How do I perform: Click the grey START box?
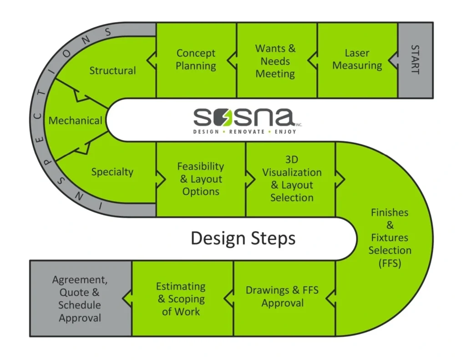(x=415, y=60)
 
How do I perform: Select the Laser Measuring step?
(x=357, y=60)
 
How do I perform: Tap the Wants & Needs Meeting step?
(x=275, y=61)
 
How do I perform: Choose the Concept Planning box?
(x=196, y=60)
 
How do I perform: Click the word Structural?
(x=112, y=71)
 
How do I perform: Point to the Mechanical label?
(x=76, y=121)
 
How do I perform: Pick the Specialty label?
(x=112, y=172)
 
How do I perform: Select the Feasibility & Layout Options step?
(x=201, y=179)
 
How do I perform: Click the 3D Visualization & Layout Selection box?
(x=292, y=179)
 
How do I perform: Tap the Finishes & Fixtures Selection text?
(x=390, y=238)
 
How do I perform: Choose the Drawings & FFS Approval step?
(x=282, y=296)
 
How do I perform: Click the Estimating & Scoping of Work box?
(x=181, y=299)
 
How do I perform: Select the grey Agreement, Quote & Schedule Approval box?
(x=80, y=299)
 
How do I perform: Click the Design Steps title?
(x=243, y=238)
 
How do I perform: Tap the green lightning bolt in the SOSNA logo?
(x=224, y=119)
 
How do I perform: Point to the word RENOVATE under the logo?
(x=247, y=132)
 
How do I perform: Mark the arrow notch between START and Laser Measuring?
(x=393, y=60)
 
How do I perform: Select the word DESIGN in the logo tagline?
(x=206, y=132)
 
